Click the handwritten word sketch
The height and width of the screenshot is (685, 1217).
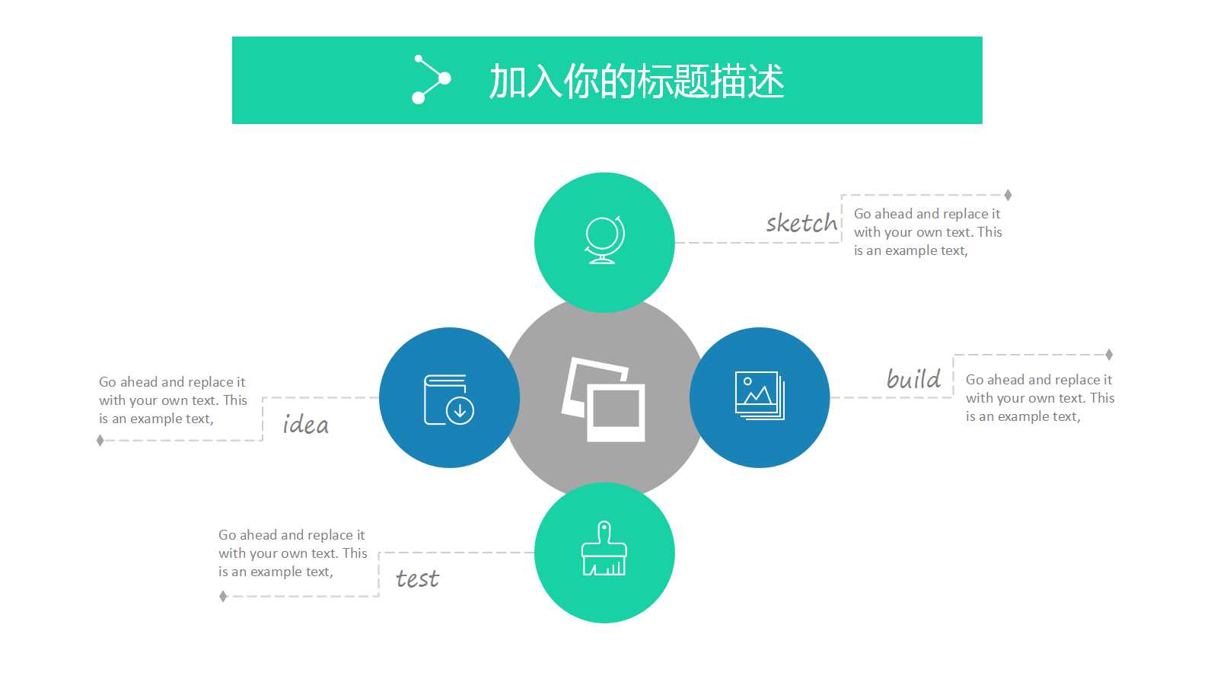(x=801, y=223)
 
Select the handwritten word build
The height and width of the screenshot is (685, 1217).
(x=913, y=378)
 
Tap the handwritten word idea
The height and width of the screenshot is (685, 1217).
(x=305, y=424)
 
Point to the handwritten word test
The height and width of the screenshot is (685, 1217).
(x=417, y=579)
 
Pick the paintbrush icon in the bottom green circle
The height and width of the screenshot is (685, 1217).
(x=604, y=549)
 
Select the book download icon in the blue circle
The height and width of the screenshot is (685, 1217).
(x=448, y=399)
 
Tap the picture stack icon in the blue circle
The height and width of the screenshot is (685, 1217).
(x=760, y=395)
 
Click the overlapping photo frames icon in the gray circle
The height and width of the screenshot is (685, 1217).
(x=604, y=399)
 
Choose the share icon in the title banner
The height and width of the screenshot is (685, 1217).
(x=431, y=79)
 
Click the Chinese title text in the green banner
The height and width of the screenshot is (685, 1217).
(x=636, y=81)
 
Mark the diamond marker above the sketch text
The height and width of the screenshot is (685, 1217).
(x=1008, y=195)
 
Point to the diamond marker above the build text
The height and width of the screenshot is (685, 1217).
(x=1109, y=355)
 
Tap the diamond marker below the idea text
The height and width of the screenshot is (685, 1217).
(x=100, y=441)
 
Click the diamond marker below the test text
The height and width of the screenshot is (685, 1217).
(x=223, y=597)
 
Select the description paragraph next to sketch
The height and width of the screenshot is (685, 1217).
(x=927, y=232)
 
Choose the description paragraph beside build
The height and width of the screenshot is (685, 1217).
(x=1039, y=398)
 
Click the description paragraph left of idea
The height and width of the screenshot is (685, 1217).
(x=173, y=400)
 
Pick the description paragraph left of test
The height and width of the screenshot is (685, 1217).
(x=292, y=553)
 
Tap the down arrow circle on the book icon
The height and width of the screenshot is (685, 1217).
(x=460, y=411)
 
